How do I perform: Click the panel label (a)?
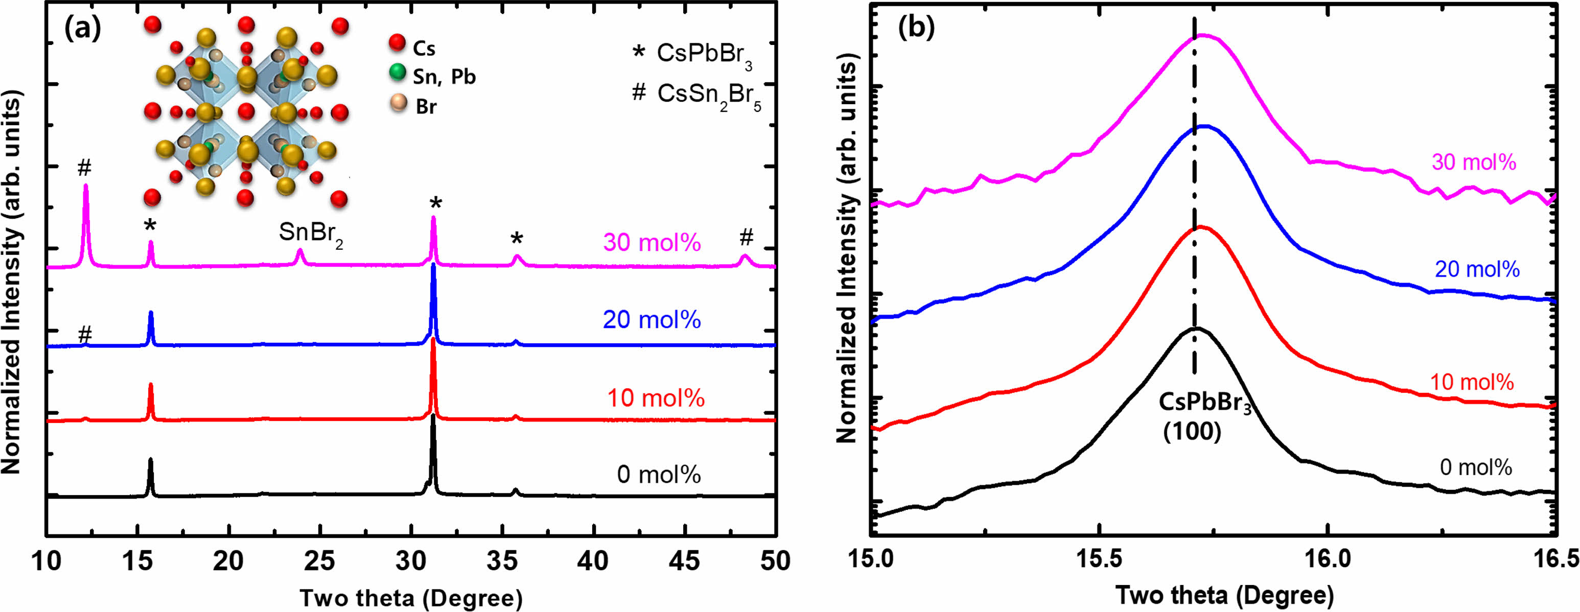coord(83,28)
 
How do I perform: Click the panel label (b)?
coord(916,28)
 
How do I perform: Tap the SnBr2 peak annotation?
coord(310,233)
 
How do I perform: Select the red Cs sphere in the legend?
coord(397,43)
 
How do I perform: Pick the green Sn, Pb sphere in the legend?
coord(398,73)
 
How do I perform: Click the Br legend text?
coord(426,107)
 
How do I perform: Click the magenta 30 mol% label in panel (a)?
coord(652,243)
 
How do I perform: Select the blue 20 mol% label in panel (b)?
coord(1477,269)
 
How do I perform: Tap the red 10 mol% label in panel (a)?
coord(655,398)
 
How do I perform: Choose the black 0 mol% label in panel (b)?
coord(1476,468)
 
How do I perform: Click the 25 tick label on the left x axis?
coord(319,561)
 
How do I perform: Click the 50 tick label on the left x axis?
coord(776,561)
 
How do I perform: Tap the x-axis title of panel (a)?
coord(411,597)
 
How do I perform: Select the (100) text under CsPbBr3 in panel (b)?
coord(1192,432)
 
